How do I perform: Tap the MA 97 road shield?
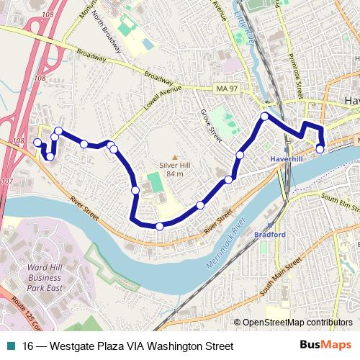click(x=225, y=88)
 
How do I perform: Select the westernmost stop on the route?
click(x=37, y=143)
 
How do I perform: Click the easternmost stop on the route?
click(x=320, y=149)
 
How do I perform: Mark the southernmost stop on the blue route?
click(x=159, y=226)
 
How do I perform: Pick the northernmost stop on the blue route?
click(x=265, y=116)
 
